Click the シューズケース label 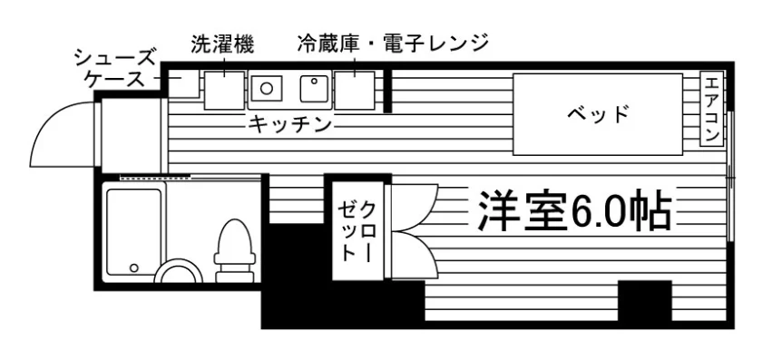114,69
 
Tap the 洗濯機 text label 222,44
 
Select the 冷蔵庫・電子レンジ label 393,44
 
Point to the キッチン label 290,125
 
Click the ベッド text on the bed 598,114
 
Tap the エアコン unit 711,108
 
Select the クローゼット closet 357,231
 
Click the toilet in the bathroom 235,250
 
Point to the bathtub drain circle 133,268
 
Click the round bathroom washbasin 178,271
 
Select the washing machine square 224,91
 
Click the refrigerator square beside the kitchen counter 355,91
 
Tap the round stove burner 267,88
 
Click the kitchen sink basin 313,89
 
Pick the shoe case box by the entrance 183,83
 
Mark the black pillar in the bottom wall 645,301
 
